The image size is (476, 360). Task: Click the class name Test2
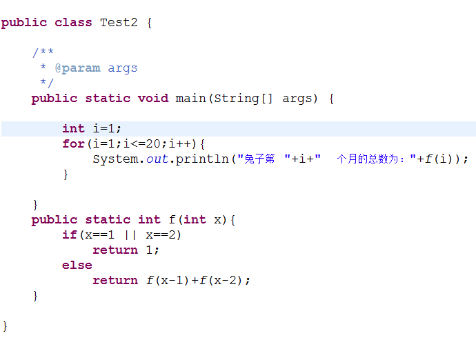[x=119, y=22]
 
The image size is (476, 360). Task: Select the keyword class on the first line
[x=73, y=22]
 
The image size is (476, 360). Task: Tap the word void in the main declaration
[x=153, y=98]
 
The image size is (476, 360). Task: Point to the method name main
[x=191, y=98]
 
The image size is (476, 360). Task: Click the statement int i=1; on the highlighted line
[x=92, y=128]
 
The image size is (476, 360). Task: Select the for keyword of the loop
[x=73, y=143]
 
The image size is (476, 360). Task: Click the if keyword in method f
[x=69, y=234]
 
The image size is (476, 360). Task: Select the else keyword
[x=77, y=265]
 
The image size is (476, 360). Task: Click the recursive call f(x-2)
[x=224, y=280]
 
